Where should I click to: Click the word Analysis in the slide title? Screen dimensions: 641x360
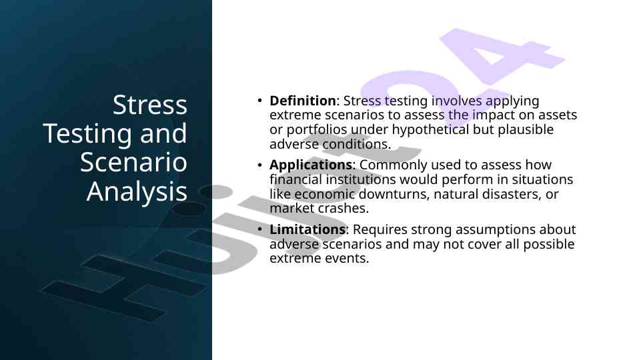137,191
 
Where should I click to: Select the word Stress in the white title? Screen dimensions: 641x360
150,105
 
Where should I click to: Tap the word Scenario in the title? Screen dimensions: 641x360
133,162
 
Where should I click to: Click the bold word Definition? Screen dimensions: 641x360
303,101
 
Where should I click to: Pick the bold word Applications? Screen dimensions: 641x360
311,165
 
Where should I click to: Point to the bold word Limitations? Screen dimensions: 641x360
307,229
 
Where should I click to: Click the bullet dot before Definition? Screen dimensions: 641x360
259,101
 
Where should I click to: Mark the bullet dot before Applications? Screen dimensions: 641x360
259,165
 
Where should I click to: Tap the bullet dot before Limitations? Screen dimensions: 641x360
259,229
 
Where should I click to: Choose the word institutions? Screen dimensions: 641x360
361,179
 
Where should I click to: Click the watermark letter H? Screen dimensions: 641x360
123,286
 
